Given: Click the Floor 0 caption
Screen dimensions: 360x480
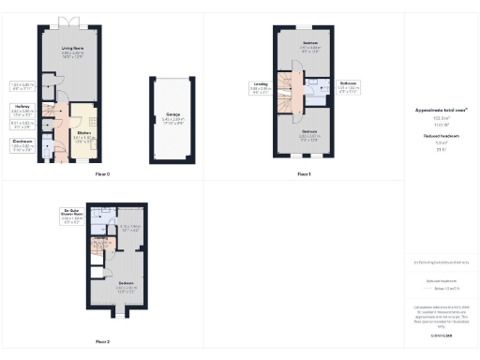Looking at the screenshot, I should point(102,174).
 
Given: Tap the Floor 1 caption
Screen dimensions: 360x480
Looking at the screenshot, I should point(304,174).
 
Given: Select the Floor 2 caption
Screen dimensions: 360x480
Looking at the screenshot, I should point(102,341).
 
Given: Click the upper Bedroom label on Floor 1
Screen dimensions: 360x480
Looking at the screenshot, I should point(310,43).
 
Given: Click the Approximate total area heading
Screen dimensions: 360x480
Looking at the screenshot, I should point(441,110).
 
